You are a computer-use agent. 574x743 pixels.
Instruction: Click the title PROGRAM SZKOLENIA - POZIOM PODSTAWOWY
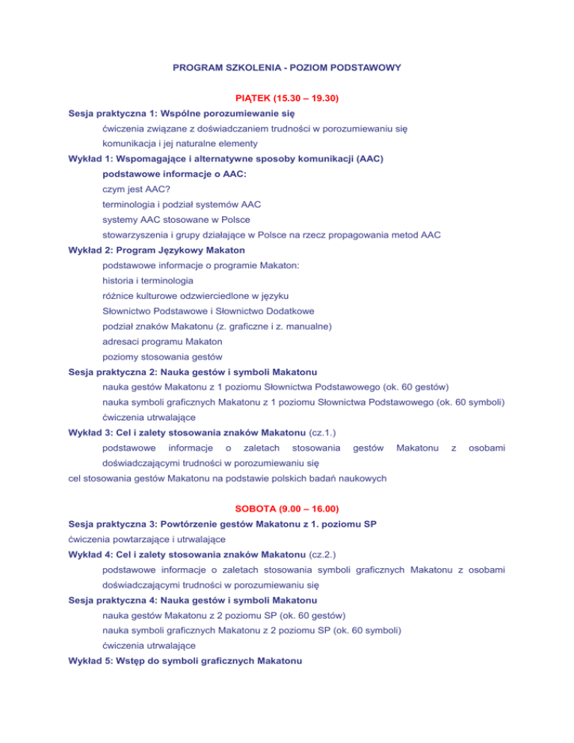point(287,67)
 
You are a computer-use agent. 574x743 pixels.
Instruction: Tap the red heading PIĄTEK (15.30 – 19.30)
point(287,99)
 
